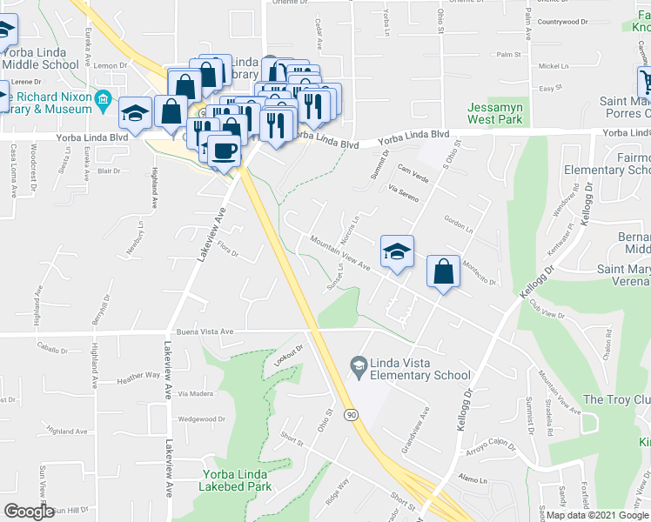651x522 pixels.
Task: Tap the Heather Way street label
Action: click(139, 376)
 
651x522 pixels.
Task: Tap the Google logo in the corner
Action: click(29, 512)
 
